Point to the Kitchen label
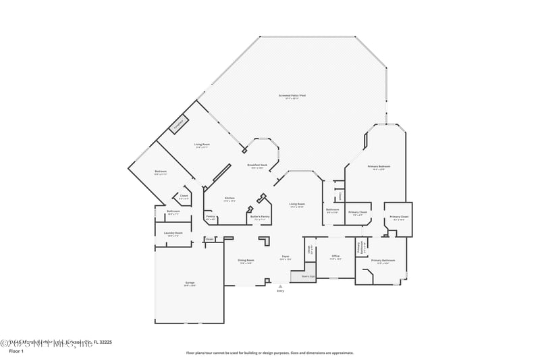pyautogui.click(x=230, y=199)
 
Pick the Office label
pyautogui.click(x=335, y=257)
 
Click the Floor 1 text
pyautogui.click(x=16, y=352)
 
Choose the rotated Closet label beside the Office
pyautogui.click(x=310, y=249)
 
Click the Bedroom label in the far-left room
pyautogui.click(x=160, y=172)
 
